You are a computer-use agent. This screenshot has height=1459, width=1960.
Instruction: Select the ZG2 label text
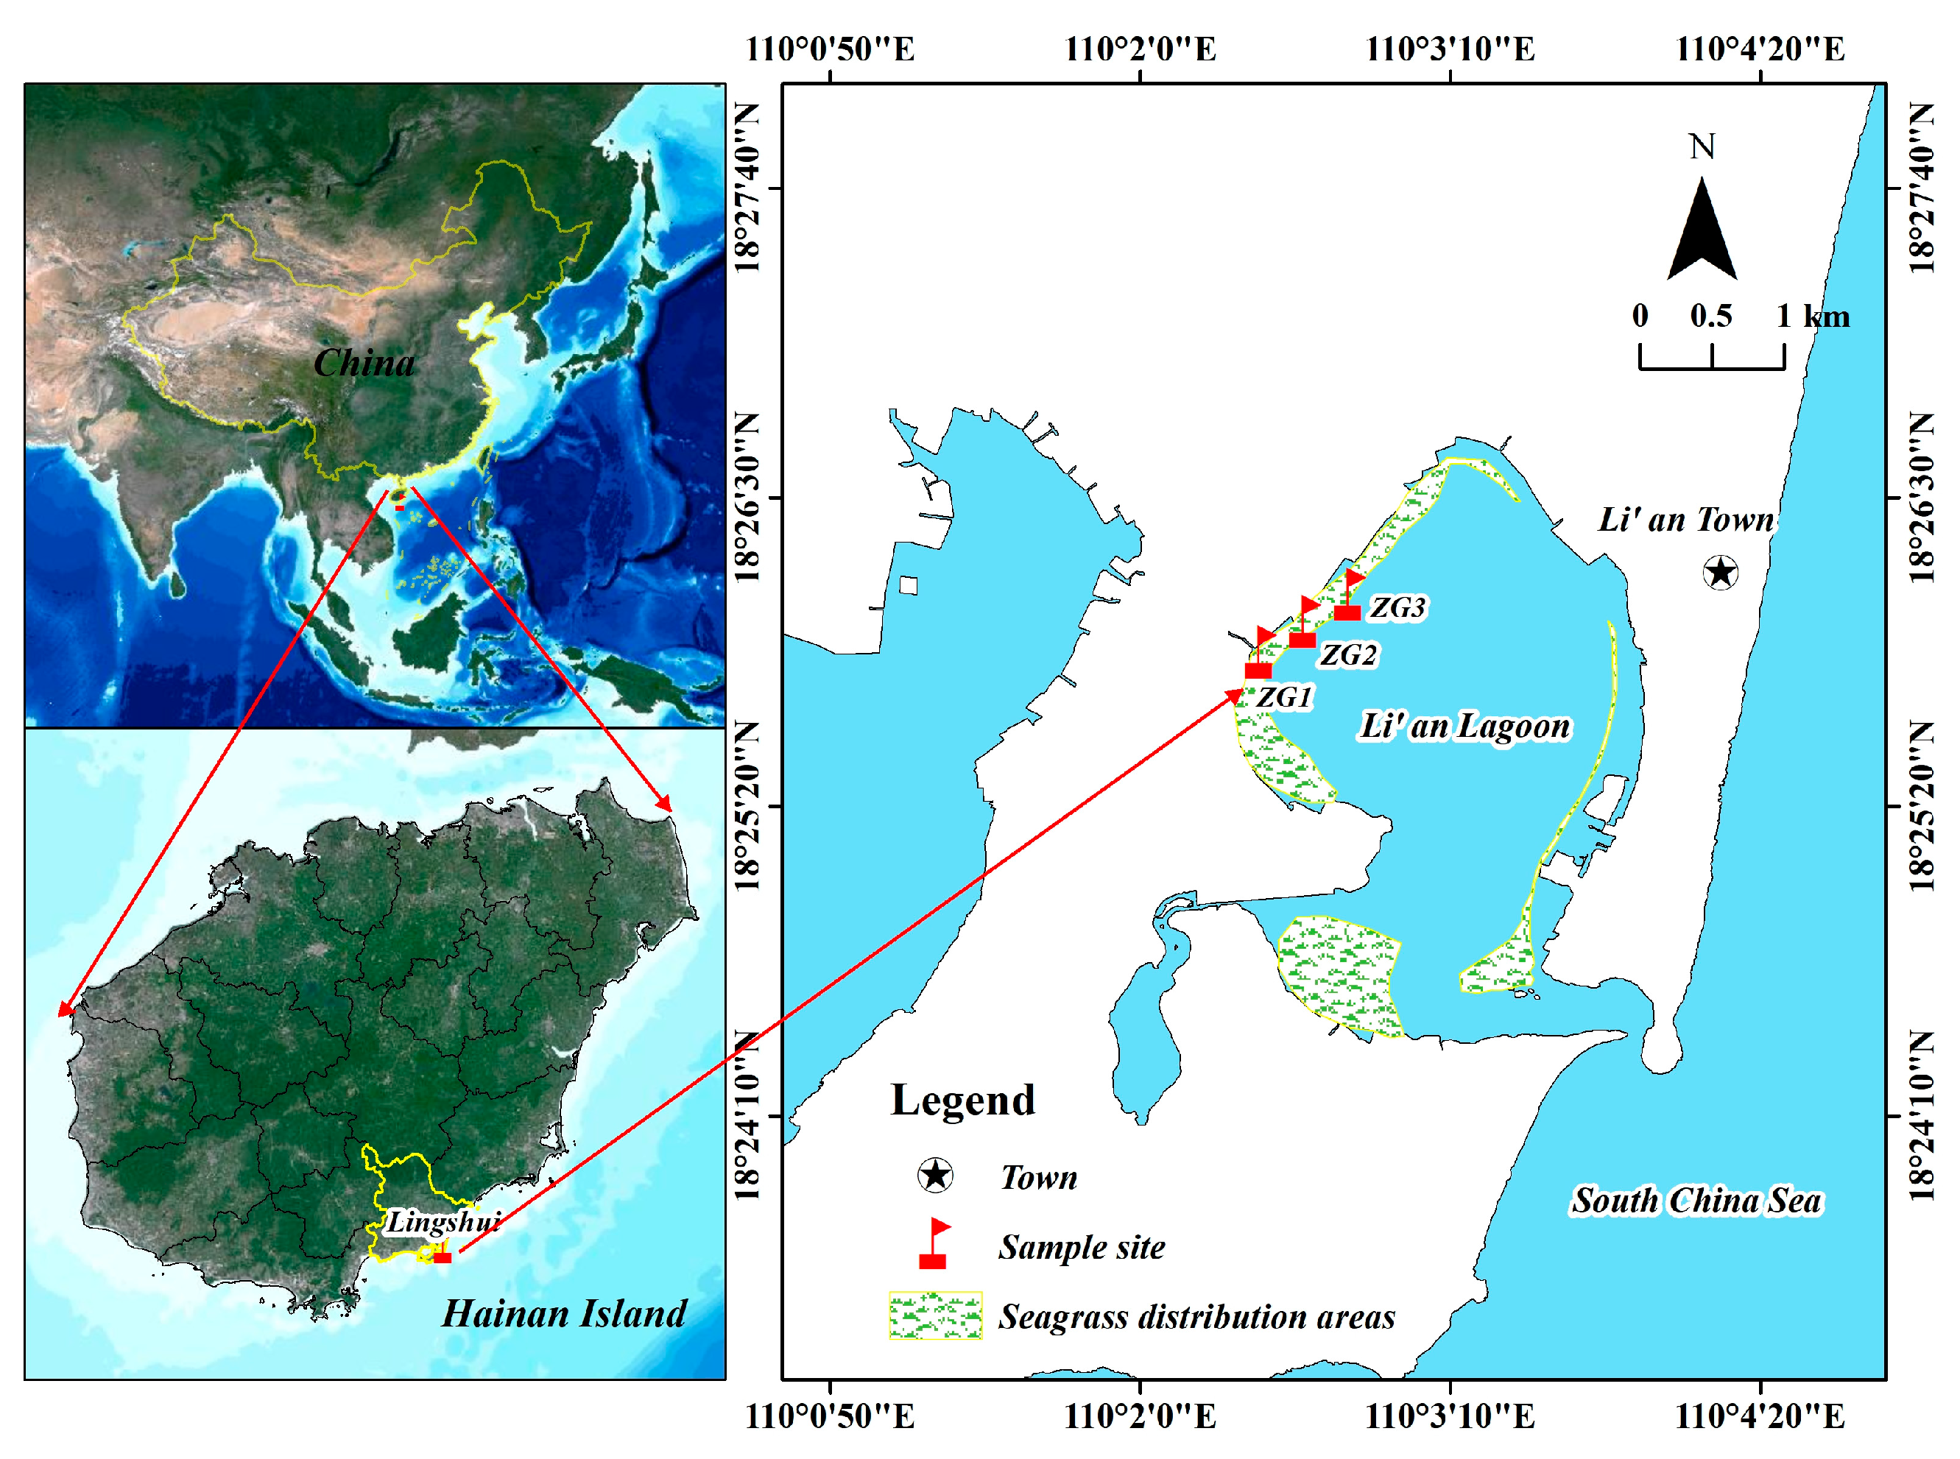pos(1348,655)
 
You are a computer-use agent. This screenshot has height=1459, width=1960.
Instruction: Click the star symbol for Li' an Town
pos(1720,573)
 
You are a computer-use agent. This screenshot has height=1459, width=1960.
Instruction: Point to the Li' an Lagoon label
pos(1464,726)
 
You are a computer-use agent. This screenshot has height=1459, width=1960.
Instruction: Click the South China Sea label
pos(1695,1201)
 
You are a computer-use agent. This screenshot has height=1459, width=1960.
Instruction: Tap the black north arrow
pos(1702,231)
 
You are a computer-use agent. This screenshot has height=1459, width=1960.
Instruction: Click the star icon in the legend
pos(934,1176)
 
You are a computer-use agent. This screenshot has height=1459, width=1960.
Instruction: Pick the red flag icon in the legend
pos(934,1243)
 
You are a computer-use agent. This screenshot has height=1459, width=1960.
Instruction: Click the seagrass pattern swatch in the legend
pos(934,1316)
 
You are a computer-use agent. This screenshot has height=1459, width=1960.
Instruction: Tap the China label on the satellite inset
pos(364,363)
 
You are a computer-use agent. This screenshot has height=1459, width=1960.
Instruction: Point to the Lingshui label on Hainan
pos(443,1222)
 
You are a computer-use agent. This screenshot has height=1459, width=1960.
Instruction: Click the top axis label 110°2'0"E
pos(1140,49)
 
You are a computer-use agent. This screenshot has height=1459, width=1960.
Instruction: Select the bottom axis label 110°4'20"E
pos(1760,1416)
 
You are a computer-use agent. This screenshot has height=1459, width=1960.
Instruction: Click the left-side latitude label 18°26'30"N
pos(747,497)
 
